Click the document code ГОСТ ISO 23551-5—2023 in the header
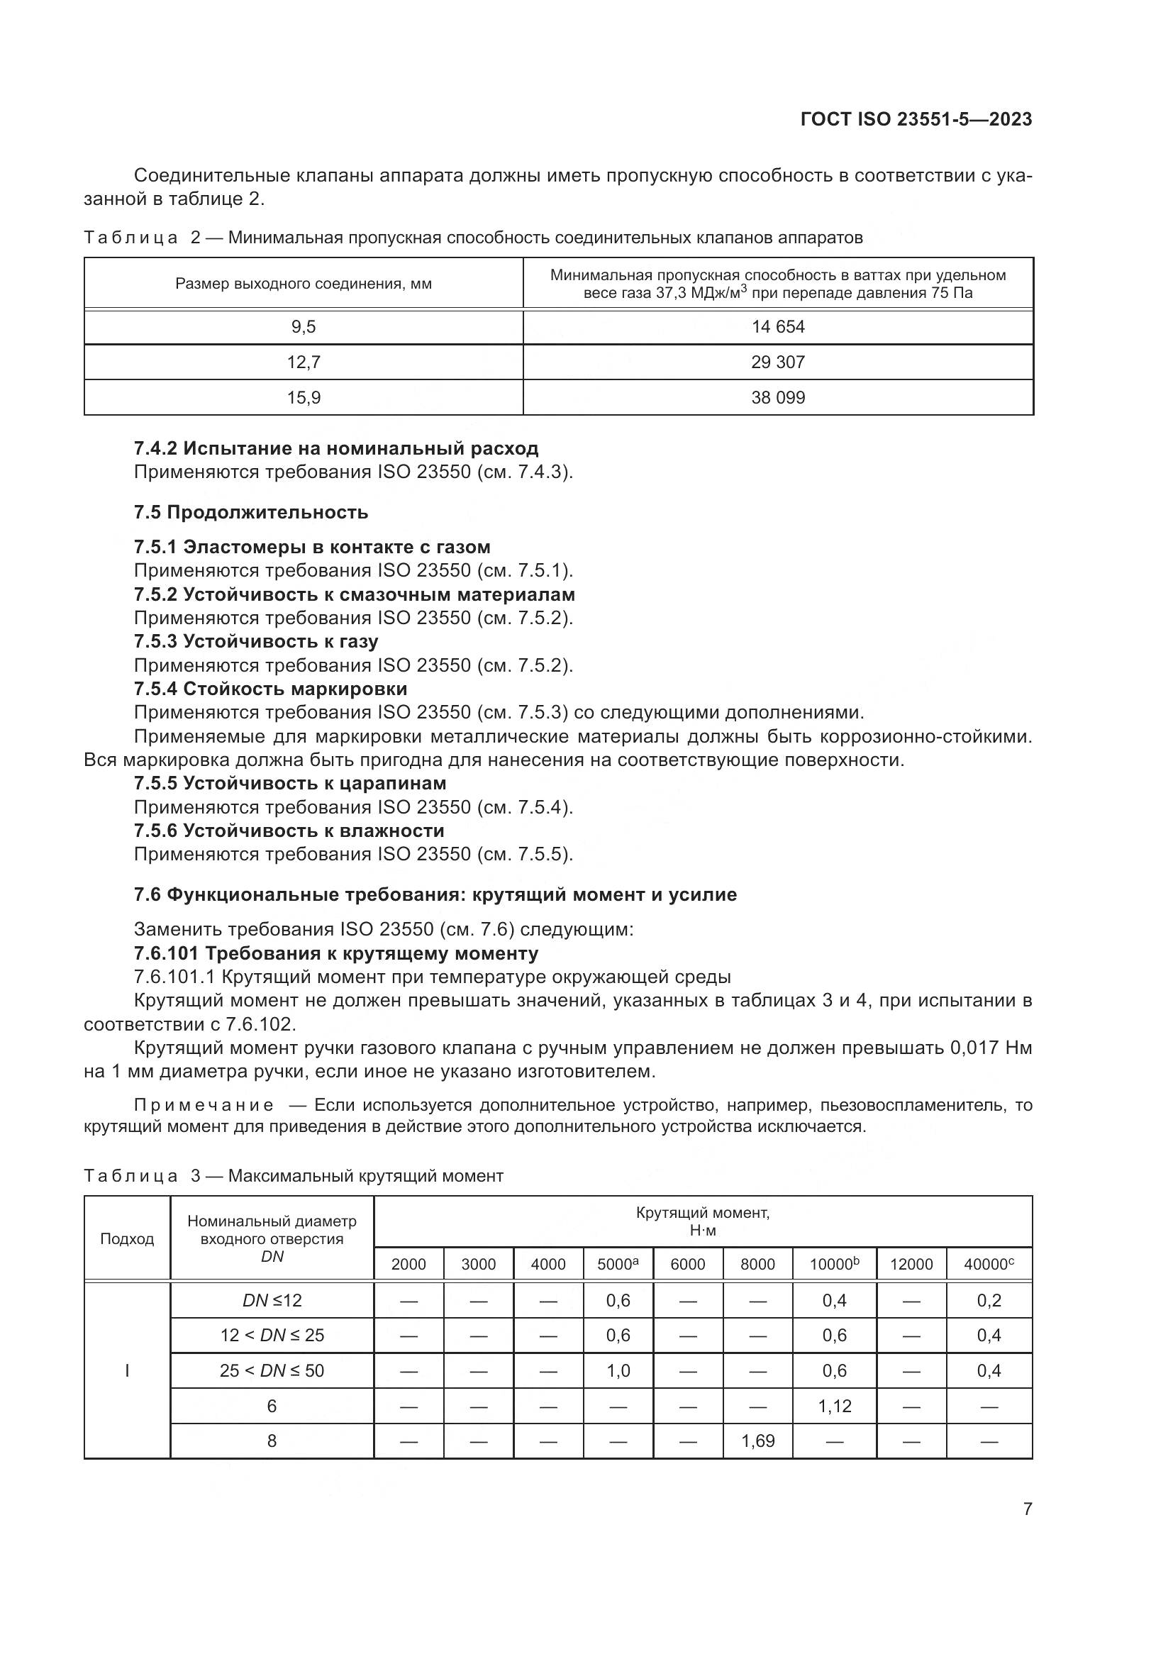tap(916, 120)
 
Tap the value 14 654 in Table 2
tap(778, 327)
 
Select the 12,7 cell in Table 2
tap(304, 362)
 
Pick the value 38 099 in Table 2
tap(778, 398)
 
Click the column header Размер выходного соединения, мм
tap(304, 284)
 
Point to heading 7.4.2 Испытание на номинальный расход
tap(336, 449)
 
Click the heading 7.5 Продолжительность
tap(250, 512)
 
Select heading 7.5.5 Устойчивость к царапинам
tap(289, 783)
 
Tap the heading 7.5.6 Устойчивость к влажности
tap(289, 831)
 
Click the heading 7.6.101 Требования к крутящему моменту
tap(336, 954)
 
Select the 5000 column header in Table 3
tap(618, 1265)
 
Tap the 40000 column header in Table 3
tap(988, 1265)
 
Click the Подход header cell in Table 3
tap(127, 1239)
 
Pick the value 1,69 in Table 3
tap(757, 1441)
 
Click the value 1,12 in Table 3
tap(834, 1406)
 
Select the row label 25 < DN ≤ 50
tap(272, 1371)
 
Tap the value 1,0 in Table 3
tap(618, 1371)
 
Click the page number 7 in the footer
tap(1027, 1509)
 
